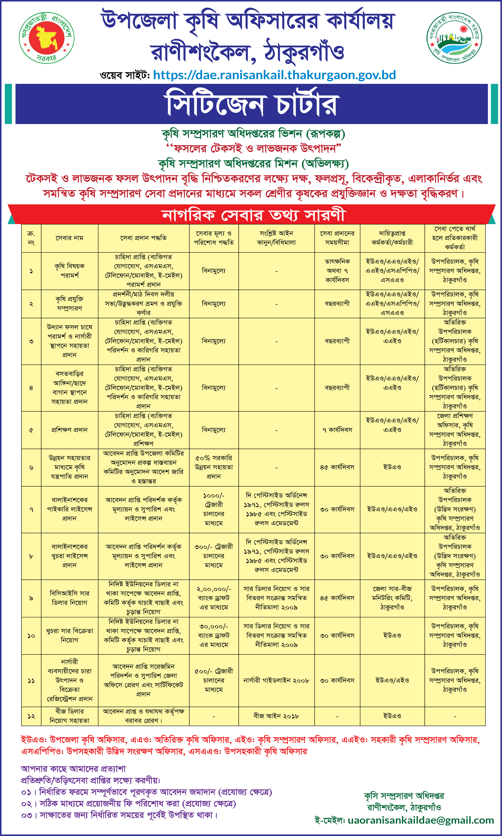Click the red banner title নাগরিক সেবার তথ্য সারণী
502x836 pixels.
tap(253, 215)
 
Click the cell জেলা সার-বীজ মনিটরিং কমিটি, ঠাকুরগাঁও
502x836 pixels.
tap(392, 598)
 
